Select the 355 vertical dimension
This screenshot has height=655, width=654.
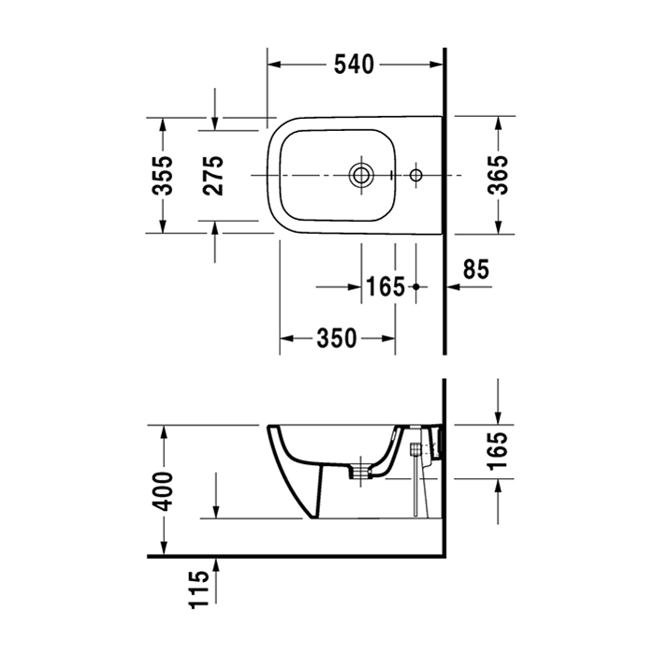[163, 174]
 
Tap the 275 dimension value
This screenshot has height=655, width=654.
[214, 175]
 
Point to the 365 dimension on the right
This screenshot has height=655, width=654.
[499, 174]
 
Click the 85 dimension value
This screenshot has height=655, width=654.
[476, 269]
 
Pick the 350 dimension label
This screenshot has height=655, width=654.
[337, 338]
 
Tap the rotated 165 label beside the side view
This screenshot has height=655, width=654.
[499, 450]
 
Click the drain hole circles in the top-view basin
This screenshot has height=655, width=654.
[360, 174]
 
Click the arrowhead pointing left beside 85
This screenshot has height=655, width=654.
[453, 287]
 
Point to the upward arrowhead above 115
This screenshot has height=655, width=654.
[216, 561]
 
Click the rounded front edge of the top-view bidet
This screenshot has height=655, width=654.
[269, 174]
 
